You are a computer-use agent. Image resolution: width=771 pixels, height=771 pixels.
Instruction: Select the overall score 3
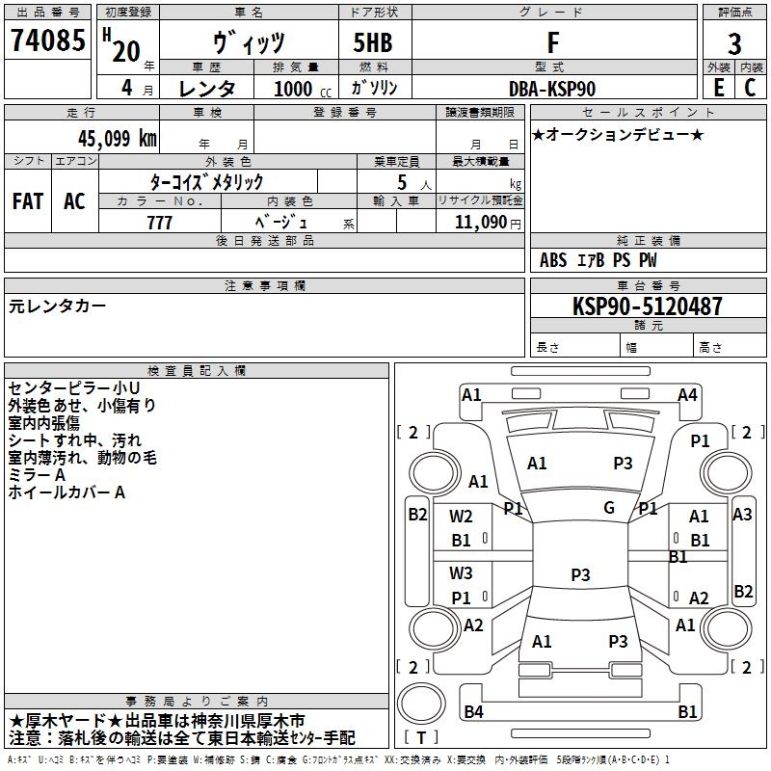(x=734, y=43)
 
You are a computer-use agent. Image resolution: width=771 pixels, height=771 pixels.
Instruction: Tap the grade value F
(x=552, y=42)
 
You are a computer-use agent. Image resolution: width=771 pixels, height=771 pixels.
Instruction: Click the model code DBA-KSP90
(x=552, y=89)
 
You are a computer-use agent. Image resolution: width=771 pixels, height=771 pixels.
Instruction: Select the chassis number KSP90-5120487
(x=647, y=306)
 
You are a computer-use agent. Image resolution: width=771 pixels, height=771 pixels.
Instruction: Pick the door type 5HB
(x=373, y=42)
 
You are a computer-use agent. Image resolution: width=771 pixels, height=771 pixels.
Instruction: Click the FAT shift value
(x=27, y=200)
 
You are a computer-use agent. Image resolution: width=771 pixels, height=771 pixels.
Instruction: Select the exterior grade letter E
(x=718, y=88)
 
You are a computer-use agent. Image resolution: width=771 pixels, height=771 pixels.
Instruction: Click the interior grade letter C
(x=751, y=88)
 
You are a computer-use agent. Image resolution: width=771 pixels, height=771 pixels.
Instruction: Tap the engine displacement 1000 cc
(x=300, y=89)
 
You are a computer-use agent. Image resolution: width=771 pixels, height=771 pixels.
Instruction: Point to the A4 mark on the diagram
(x=687, y=394)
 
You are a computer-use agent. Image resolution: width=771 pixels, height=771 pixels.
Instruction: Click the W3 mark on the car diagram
(x=462, y=573)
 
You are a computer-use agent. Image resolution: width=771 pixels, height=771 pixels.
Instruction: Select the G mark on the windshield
(x=609, y=508)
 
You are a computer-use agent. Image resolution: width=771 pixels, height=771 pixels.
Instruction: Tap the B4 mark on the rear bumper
(x=473, y=711)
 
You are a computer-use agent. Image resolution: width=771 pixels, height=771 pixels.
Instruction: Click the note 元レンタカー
(x=58, y=306)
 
